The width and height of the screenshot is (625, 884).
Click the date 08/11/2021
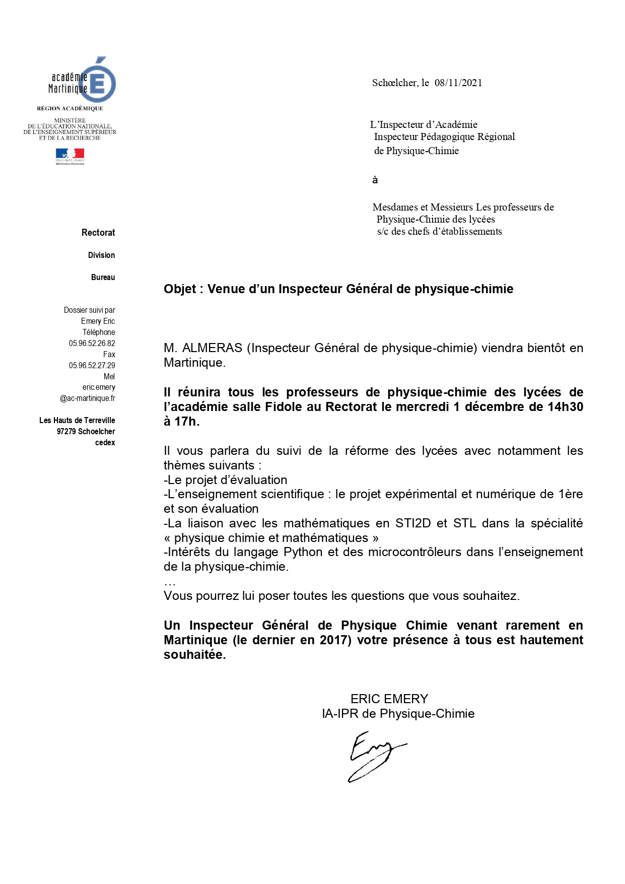pyautogui.click(x=458, y=83)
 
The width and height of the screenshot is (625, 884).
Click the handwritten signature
pyautogui.click(x=375, y=756)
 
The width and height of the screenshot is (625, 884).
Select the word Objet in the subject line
pyautogui.click(x=179, y=289)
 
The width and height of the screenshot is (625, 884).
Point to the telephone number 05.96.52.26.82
pyautogui.click(x=92, y=344)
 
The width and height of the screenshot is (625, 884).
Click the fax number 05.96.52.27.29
pyautogui.click(x=92, y=366)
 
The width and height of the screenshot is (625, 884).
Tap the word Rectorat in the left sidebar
pyautogui.click(x=98, y=233)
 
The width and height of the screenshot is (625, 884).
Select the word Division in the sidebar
pyautogui.click(x=101, y=255)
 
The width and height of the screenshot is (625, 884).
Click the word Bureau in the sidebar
pyautogui.click(x=103, y=278)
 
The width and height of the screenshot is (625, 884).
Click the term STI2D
pyautogui.click(x=412, y=523)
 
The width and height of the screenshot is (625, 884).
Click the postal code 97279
pyautogui.click(x=66, y=432)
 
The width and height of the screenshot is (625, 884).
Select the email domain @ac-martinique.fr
pyautogui.click(x=88, y=398)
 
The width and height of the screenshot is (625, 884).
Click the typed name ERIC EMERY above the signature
pyautogui.click(x=389, y=699)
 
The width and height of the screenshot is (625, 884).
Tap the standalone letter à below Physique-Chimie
pyautogui.click(x=375, y=180)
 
